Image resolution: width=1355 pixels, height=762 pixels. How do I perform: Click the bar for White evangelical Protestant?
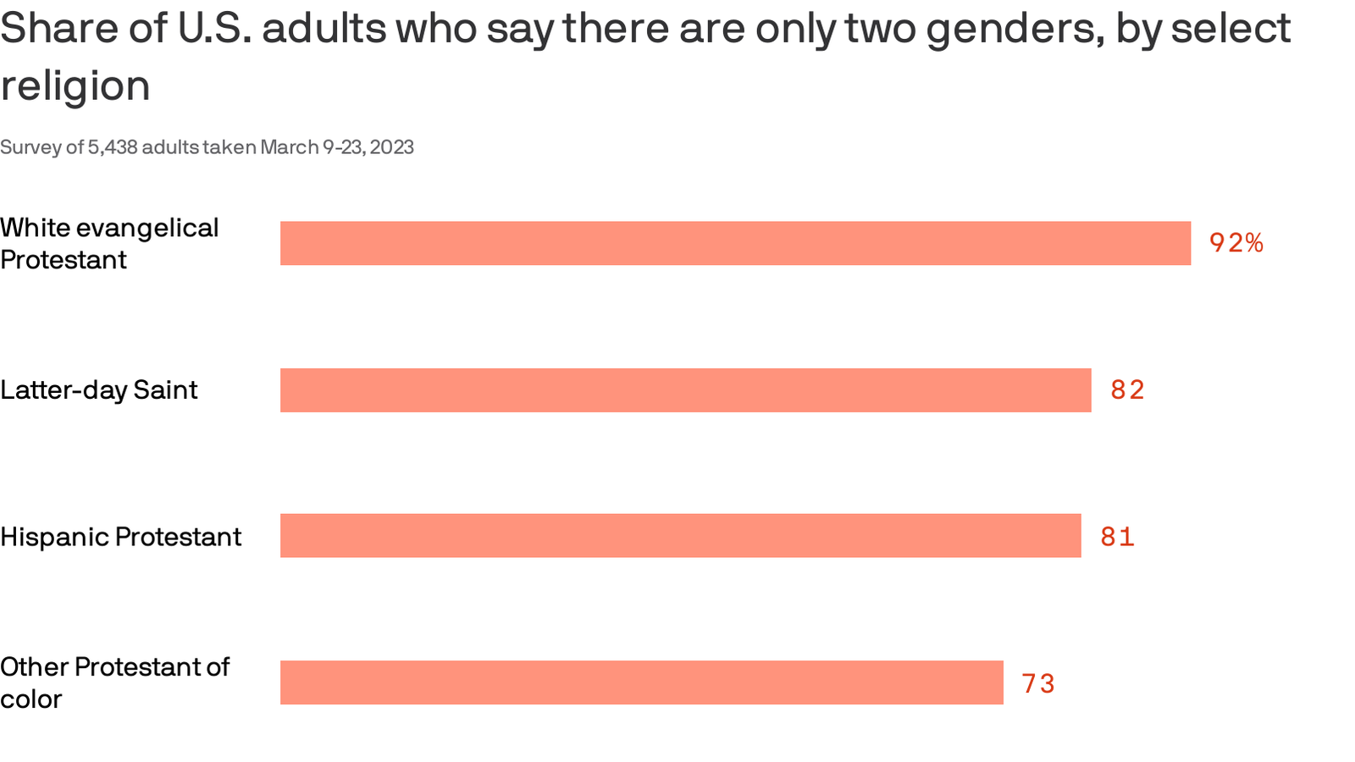(735, 243)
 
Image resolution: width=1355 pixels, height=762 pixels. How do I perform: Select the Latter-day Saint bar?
(685, 390)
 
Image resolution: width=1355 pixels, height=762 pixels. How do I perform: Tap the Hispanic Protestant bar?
(680, 536)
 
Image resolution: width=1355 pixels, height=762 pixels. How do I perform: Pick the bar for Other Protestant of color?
(641, 682)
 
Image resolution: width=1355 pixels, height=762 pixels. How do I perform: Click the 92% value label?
(1236, 244)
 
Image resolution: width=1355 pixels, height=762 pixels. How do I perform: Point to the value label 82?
(1127, 390)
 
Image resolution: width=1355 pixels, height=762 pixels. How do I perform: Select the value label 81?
(1117, 537)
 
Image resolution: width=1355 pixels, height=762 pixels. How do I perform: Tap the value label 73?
(1037, 683)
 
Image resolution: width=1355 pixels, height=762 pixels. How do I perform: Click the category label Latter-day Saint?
(98, 390)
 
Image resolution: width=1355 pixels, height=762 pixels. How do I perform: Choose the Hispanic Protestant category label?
(120, 537)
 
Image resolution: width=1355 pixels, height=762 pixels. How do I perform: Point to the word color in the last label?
(30, 699)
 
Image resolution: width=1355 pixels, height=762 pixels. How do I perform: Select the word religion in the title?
(75, 86)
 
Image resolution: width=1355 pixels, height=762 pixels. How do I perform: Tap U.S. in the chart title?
(213, 29)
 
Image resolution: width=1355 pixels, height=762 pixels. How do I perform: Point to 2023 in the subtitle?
(391, 147)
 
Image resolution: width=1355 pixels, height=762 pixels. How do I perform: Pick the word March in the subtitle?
(289, 147)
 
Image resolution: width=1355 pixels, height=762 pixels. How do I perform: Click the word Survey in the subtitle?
(30, 147)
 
